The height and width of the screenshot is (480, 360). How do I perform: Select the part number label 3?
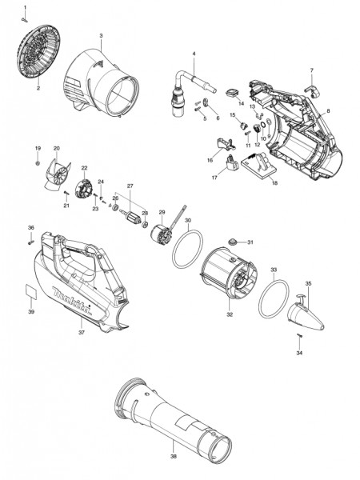tap(101, 37)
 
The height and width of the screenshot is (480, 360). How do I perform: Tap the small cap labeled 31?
tap(234, 242)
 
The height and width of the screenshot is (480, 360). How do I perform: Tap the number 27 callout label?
tap(130, 186)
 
